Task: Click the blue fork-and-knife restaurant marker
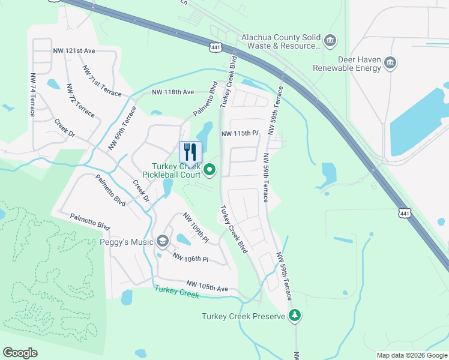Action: pyautogui.click(x=191, y=152)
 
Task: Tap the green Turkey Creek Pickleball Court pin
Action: pyautogui.click(x=209, y=170)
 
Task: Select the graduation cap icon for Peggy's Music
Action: pyautogui.click(x=162, y=242)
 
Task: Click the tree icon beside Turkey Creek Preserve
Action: pyautogui.click(x=294, y=316)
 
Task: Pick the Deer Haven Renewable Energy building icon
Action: pyautogui.click(x=390, y=64)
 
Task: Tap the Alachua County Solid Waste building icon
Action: pyautogui.click(x=330, y=41)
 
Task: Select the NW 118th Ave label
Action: pyautogui.click(x=173, y=92)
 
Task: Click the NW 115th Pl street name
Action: pyautogui.click(x=240, y=133)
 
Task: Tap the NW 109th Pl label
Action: pyautogui.click(x=196, y=228)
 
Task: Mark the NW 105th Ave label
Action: pyautogui.click(x=207, y=286)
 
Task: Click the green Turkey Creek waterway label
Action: pyautogui.click(x=176, y=292)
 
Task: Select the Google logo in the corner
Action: pyautogui.click(x=20, y=353)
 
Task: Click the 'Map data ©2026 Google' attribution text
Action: pyautogui.click(x=411, y=355)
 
